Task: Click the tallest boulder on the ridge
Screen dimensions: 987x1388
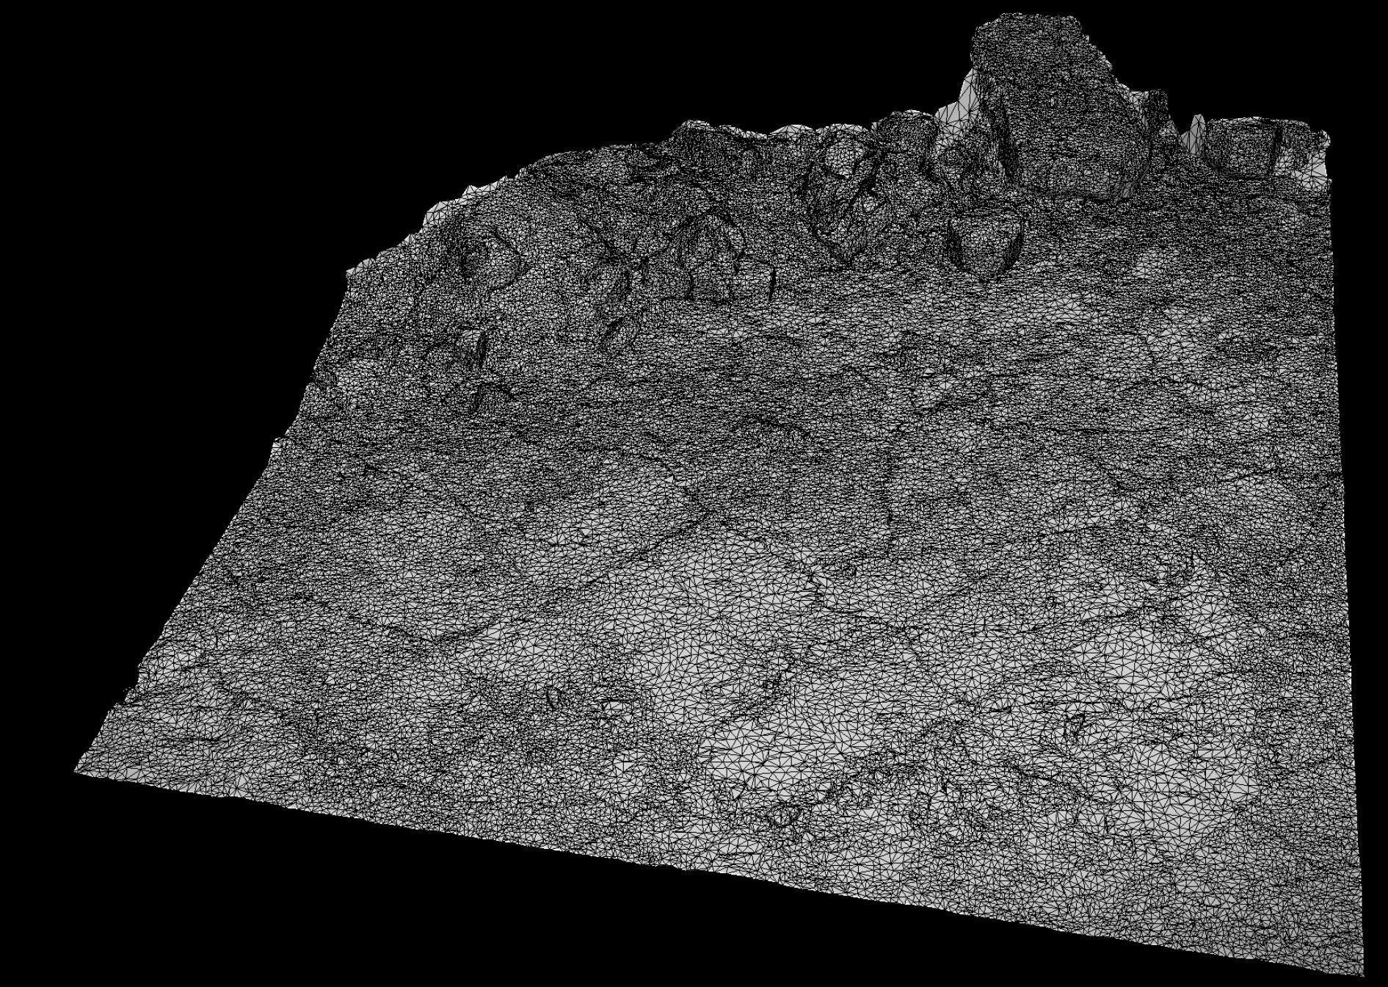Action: tap(1057, 110)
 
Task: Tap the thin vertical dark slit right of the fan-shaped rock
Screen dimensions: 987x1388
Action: tap(772, 279)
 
